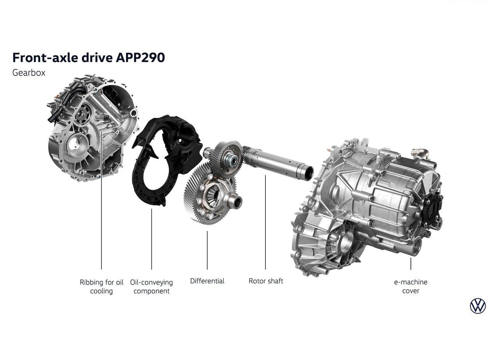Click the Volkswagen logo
477,306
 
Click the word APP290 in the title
140,58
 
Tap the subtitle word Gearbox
29,73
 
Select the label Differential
207,281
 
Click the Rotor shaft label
266,281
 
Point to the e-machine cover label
410,286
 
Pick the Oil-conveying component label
151,286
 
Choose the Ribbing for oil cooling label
102,286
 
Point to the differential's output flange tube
236,201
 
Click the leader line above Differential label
207,250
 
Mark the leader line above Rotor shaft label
265,222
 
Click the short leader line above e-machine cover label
410,264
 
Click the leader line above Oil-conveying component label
152,239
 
